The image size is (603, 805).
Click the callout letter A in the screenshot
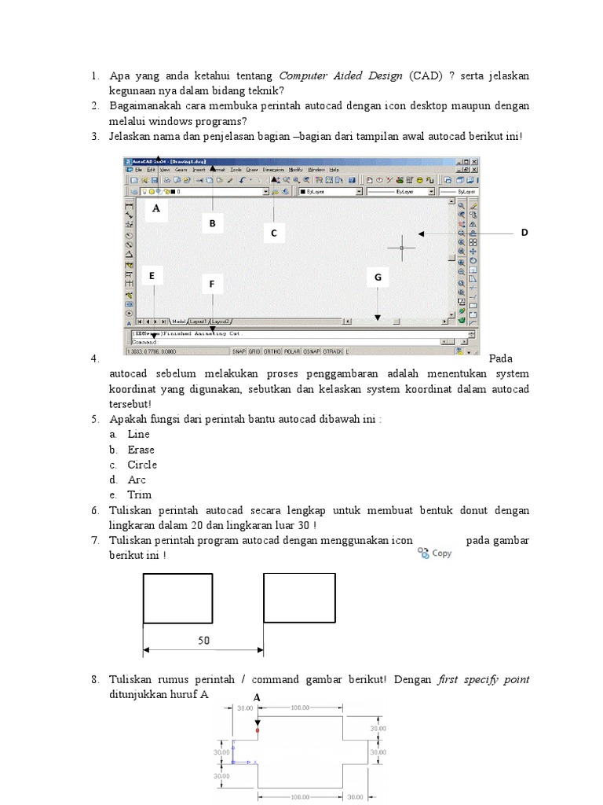pyautogui.click(x=155, y=209)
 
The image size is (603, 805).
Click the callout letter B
pyautogui.click(x=212, y=225)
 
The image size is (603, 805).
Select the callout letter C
pyautogui.click(x=274, y=233)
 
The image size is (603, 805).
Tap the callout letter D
pyautogui.click(x=524, y=233)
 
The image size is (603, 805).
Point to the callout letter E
pyautogui.click(x=152, y=276)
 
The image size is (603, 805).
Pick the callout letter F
pyautogui.click(x=211, y=284)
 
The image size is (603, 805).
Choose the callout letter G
pyautogui.click(x=378, y=278)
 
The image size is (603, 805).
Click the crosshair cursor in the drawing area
pyautogui.click(x=401, y=247)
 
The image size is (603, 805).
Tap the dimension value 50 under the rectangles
pyautogui.click(x=203, y=641)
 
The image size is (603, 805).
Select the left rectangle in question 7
pyautogui.click(x=177, y=598)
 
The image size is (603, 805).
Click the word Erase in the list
pyautogui.click(x=141, y=450)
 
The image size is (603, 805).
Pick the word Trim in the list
pyautogui.click(x=140, y=494)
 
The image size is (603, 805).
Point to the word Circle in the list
pyautogui.click(x=142, y=465)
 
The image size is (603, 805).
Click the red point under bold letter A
pyautogui.click(x=257, y=730)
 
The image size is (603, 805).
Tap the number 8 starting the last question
pyautogui.click(x=94, y=679)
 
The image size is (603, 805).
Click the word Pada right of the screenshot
pyautogui.click(x=500, y=358)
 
